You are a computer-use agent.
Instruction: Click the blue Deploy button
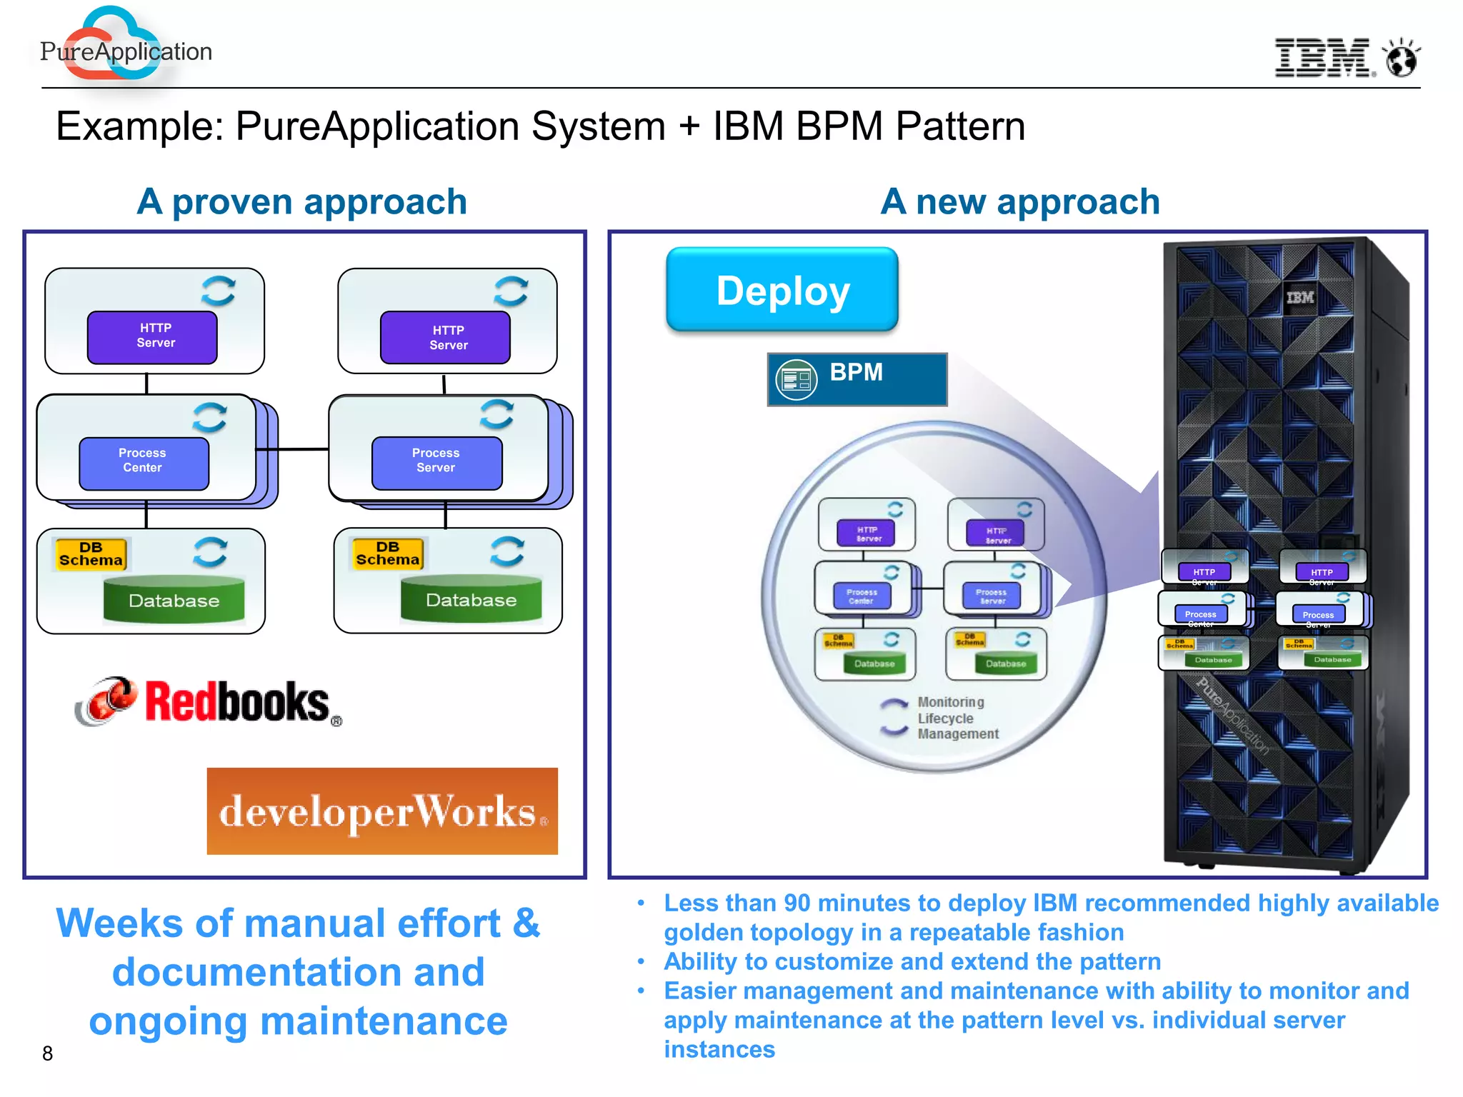[x=782, y=290]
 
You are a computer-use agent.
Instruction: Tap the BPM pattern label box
[x=857, y=379]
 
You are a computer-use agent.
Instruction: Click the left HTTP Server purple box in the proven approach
[x=152, y=336]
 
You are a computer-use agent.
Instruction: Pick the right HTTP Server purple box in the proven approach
[x=445, y=337]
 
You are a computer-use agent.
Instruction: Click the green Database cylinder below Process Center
[x=174, y=600]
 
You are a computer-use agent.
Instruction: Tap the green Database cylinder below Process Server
[x=471, y=600]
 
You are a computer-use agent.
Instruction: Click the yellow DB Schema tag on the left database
[x=91, y=554]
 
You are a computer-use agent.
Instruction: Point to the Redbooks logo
[x=211, y=703]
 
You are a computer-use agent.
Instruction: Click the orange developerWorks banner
[x=382, y=811]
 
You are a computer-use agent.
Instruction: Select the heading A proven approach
[x=301, y=202]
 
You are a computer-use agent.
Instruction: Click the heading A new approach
[x=1019, y=202]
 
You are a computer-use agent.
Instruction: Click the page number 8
[x=47, y=1054]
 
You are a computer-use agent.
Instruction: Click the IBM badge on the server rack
[x=1299, y=298]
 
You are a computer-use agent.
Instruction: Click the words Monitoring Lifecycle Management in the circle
[x=957, y=718]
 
